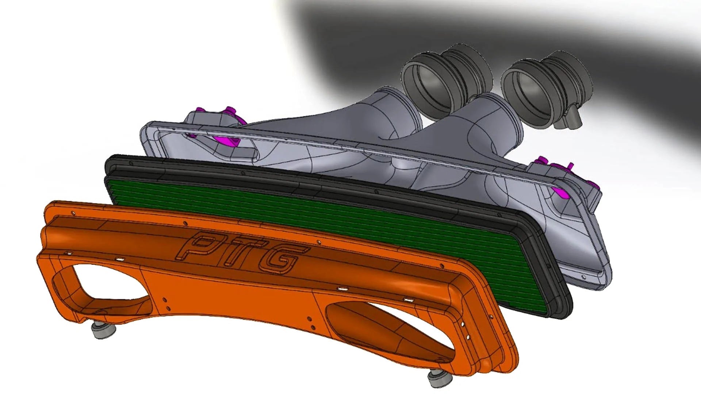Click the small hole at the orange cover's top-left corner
73,212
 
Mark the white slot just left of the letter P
119,259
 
